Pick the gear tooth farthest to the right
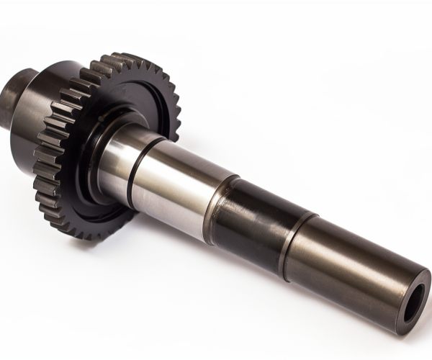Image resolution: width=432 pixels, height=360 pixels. tap(175, 115)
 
